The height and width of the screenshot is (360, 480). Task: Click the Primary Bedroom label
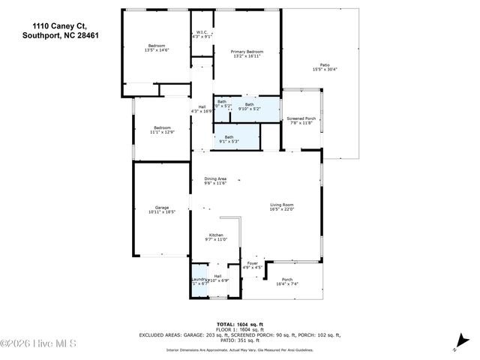[x=247, y=53]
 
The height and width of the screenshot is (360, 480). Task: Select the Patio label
[x=325, y=67]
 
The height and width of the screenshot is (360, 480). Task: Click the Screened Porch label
[x=301, y=121]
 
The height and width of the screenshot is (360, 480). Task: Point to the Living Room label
[x=282, y=206]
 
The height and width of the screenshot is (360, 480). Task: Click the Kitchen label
[x=216, y=237]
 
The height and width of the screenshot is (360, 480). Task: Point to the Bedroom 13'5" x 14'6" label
[x=157, y=47]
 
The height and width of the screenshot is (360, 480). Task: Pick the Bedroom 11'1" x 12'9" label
[x=163, y=130]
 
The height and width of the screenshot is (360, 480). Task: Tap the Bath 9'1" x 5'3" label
[x=229, y=139]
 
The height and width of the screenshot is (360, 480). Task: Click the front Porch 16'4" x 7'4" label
[x=287, y=282]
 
